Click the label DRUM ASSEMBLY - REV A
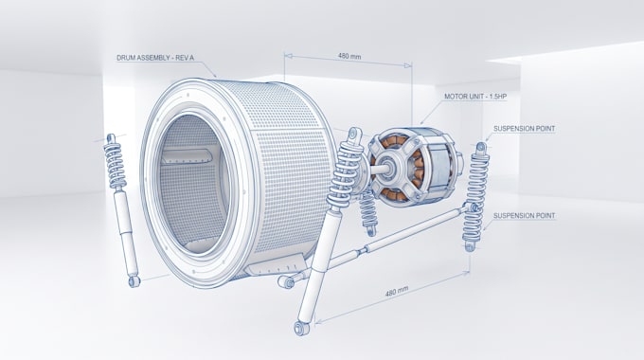tap(154, 58)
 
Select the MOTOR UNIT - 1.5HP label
tap(475, 97)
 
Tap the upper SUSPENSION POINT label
tap(524, 129)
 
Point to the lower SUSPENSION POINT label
tap(524, 215)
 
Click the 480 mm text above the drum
tap(349, 56)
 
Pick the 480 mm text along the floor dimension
tap(397, 291)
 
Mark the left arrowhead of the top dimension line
tap(288, 56)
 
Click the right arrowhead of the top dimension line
tap(408, 65)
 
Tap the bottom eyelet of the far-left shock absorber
tap(134, 281)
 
